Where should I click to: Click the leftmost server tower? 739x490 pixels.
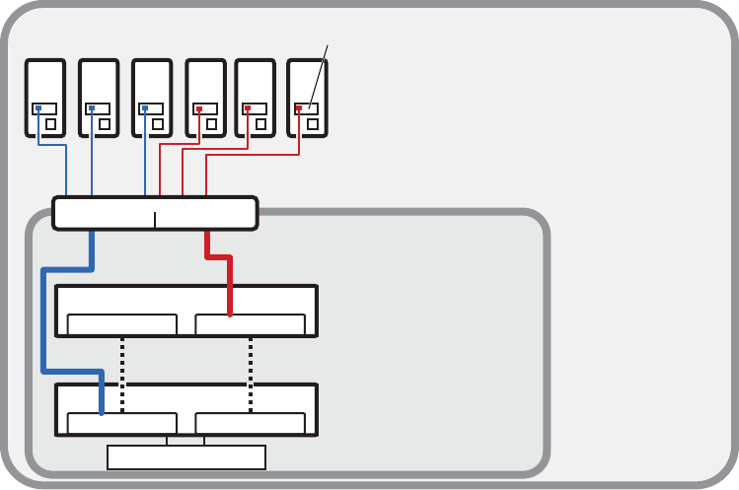tap(45, 84)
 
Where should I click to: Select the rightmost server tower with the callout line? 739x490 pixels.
tap(306, 84)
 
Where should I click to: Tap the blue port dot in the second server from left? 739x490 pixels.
tap(92, 108)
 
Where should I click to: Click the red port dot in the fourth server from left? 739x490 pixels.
tap(199, 108)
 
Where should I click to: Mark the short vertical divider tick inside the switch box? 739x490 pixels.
tap(155, 219)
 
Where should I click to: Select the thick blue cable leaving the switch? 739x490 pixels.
tap(42, 315)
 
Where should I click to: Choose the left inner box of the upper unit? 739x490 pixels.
tap(121, 325)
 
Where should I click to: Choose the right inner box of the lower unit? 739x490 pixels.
tap(251, 424)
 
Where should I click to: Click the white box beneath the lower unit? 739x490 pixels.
tap(186, 457)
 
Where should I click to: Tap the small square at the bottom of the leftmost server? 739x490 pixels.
tap(50, 125)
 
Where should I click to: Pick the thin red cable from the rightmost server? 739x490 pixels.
tap(252, 154)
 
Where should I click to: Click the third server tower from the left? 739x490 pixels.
tap(152, 84)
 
